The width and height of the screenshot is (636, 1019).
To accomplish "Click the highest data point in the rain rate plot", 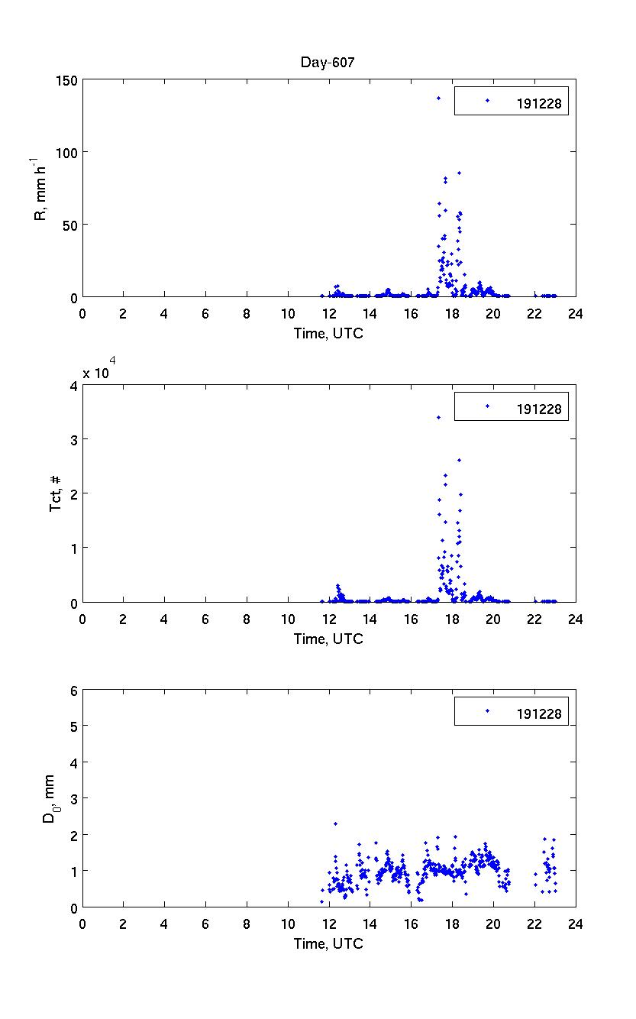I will [438, 98].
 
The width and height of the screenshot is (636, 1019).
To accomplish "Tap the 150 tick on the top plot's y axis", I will [66, 80].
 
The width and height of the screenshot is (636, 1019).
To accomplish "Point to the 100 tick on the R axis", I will [66, 153].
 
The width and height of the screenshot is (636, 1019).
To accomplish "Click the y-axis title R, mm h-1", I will [38, 189].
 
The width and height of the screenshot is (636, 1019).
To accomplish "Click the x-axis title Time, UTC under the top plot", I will [328, 334].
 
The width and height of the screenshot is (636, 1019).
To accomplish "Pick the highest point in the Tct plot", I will [438, 417].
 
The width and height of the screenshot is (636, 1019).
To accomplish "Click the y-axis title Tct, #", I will [56, 494].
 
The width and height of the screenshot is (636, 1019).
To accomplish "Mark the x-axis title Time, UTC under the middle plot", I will [328, 639].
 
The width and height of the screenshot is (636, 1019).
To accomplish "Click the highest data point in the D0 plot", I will [335, 823].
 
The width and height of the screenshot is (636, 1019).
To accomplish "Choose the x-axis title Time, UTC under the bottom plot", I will [328, 943].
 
